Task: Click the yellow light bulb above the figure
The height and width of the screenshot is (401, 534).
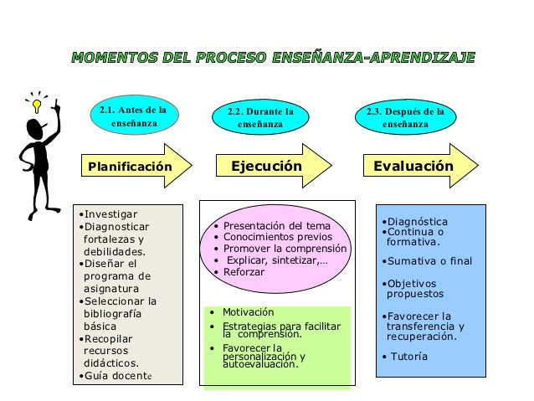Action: (36, 106)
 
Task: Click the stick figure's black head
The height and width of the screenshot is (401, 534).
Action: (35, 131)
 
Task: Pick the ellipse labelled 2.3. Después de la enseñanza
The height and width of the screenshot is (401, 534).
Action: (406, 118)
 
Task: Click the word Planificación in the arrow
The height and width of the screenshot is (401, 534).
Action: (130, 167)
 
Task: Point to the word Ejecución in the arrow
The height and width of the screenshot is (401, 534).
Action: (266, 167)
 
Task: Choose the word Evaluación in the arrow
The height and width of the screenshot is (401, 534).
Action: (413, 167)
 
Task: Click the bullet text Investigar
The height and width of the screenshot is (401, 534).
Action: (109, 213)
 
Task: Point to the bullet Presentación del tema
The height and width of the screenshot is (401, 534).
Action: (277, 226)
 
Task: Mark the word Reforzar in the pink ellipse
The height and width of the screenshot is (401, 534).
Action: (244, 272)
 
